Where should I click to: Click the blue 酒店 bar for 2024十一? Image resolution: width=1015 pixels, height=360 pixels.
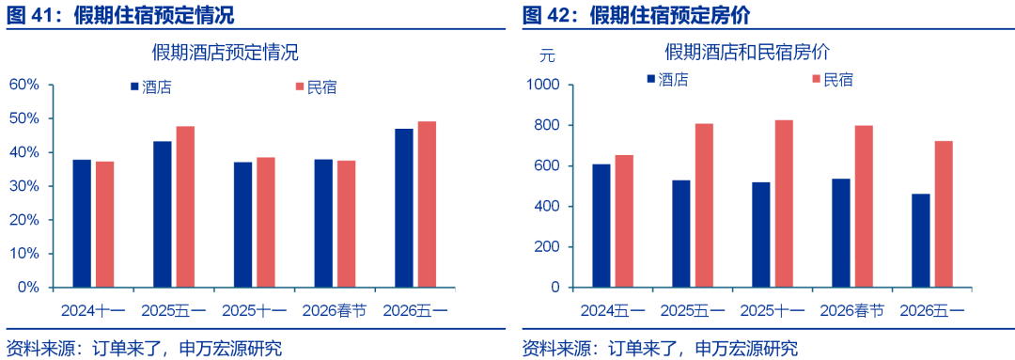[x=82, y=224]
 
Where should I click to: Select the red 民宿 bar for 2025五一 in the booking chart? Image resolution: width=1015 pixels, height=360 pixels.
[x=185, y=207]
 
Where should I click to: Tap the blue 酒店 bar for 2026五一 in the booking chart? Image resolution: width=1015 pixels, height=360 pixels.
[x=403, y=208]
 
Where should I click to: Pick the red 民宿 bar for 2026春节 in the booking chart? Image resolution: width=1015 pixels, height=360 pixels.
[x=346, y=224]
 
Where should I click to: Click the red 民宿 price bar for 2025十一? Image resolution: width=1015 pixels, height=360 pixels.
[x=784, y=204]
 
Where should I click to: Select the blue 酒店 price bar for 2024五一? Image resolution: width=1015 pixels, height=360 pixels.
[x=601, y=226]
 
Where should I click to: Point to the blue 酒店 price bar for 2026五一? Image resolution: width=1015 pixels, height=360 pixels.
[x=920, y=241]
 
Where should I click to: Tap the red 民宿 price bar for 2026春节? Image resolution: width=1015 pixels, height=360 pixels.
[x=865, y=207]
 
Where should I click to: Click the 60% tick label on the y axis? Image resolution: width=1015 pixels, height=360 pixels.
[x=24, y=86]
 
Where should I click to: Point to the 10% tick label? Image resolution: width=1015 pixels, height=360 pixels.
[x=24, y=254]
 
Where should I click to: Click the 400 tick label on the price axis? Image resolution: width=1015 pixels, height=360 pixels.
[x=547, y=207]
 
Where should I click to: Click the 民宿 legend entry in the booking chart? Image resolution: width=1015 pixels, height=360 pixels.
[x=316, y=86]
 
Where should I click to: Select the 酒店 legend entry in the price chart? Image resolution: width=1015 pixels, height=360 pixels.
[x=667, y=80]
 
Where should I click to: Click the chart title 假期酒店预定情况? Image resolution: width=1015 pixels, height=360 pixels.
[x=226, y=52]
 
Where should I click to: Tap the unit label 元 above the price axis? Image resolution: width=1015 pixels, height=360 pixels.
[x=547, y=55]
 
